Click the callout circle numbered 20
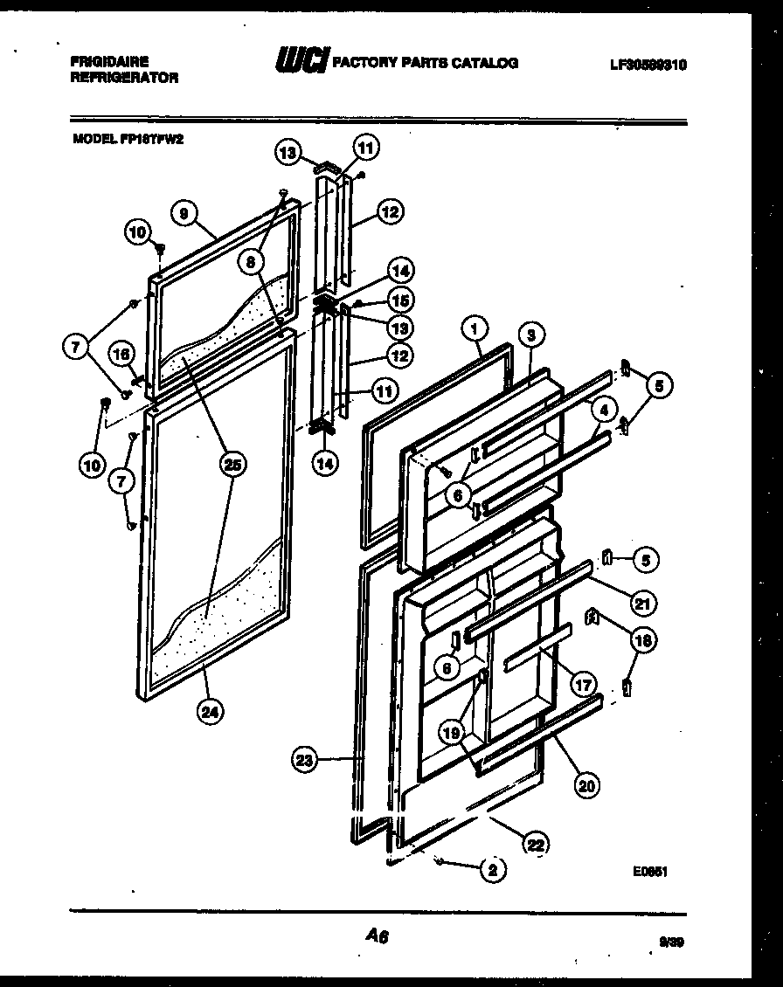pyautogui.click(x=586, y=785)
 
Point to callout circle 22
pyautogui.click(x=535, y=843)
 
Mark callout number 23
pyautogui.click(x=303, y=761)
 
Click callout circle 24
pyautogui.click(x=208, y=712)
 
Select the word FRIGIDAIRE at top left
pyautogui.click(x=109, y=61)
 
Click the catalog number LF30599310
pyautogui.click(x=648, y=63)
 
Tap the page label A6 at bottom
pyautogui.click(x=377, y=936)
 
